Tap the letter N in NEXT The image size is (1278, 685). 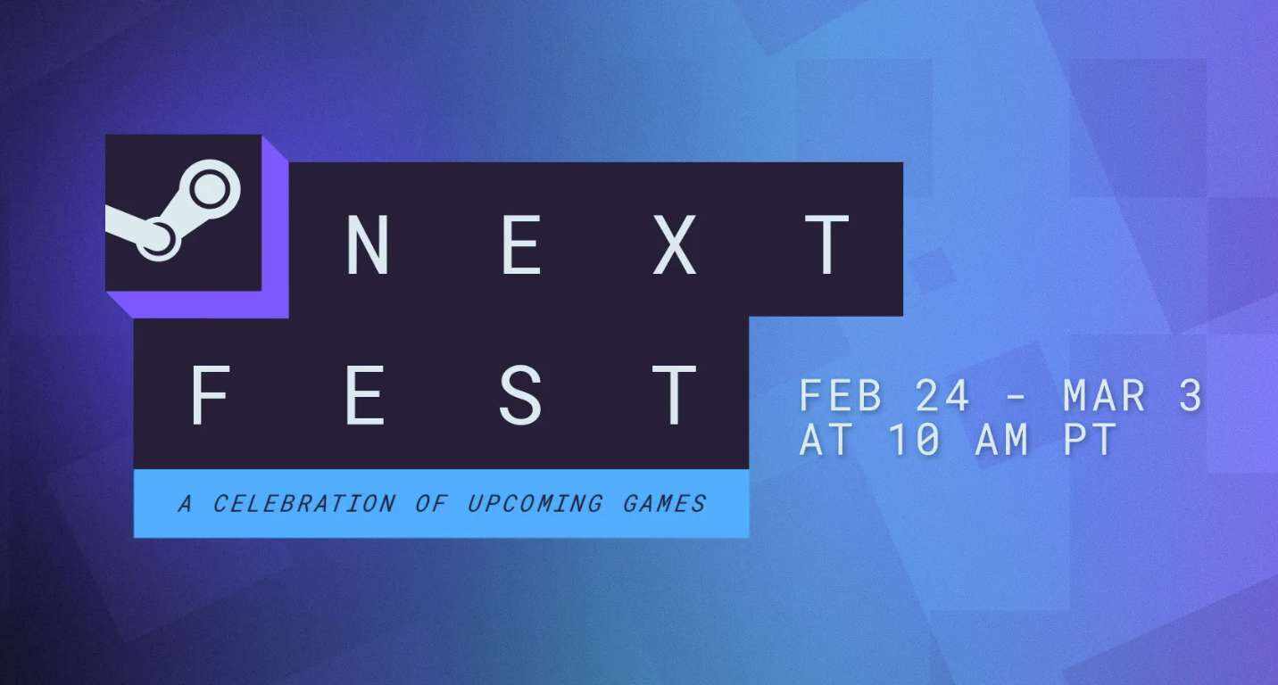(368, 244)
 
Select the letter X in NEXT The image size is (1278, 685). (675, 244)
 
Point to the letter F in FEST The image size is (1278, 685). (210, 395)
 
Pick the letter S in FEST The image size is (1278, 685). (520, 395)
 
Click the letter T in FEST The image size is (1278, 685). (675, 395)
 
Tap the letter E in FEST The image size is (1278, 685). (365, 395)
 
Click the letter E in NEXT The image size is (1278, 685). (521, 244)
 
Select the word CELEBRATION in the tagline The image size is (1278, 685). (304, 504)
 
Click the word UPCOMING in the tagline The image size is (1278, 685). (535, 504)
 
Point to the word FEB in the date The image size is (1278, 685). (841, 395)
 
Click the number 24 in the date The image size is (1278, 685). (942, 395)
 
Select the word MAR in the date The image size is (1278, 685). (1105, 395)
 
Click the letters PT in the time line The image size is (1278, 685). (1091, 439)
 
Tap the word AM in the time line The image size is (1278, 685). (1002, 439)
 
